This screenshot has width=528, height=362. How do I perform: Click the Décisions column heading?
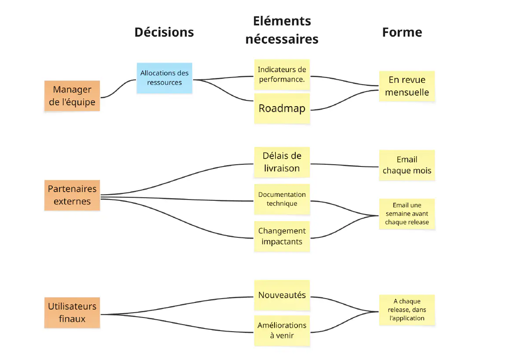[164, 32]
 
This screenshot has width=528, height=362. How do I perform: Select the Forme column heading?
[402, 32]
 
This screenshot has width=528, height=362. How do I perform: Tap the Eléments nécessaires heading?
[282, 30]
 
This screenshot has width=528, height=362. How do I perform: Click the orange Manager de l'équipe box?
[72, 96]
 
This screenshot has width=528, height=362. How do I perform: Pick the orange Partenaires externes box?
[72, 195]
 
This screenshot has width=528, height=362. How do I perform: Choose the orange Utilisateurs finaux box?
[72, 313]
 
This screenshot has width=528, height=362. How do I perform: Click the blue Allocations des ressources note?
[164, 78]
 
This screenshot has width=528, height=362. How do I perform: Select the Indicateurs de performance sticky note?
[282, 74]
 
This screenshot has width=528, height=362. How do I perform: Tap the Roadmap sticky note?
[282, 108]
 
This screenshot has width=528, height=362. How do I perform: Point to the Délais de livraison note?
[282, 162]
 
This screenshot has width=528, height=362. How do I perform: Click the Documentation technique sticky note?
[282, 199]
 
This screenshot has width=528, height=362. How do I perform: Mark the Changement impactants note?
[282, 236]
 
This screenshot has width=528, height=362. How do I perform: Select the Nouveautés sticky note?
[282, 295]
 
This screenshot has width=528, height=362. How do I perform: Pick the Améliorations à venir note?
[282, 330]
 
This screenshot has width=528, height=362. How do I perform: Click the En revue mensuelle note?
[407, 86]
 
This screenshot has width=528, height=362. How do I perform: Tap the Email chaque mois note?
[407, 165]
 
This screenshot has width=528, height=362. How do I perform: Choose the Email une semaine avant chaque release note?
[407, 214]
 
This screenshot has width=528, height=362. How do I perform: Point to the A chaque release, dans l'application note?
[407, 310]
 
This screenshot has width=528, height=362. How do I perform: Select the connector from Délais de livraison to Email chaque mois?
[345, 165]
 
